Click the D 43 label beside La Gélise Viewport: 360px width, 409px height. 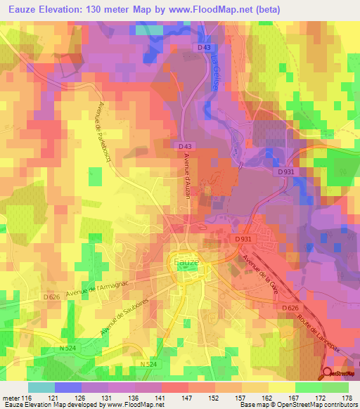pos(204,47)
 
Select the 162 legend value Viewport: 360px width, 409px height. pos(258,398)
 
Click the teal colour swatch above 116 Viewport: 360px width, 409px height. pos(41,387)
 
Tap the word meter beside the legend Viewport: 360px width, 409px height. pos(12,398)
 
